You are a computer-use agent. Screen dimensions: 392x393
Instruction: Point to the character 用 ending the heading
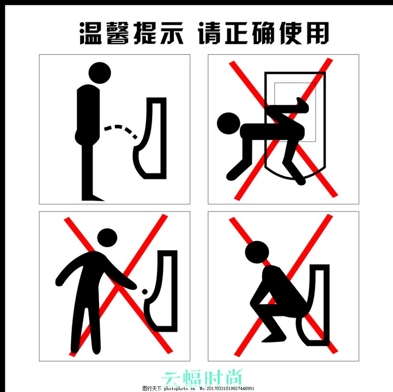tap(317, 33)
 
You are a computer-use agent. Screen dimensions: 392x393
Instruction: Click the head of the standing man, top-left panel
tap(99, 73)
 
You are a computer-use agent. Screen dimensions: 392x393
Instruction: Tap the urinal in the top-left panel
tap(153, 139)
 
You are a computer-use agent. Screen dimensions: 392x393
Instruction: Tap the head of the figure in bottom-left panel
tap(107, 238)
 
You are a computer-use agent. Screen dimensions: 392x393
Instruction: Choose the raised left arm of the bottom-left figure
tap(67, 270)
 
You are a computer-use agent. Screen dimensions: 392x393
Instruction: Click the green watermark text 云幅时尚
tap(203, 377)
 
